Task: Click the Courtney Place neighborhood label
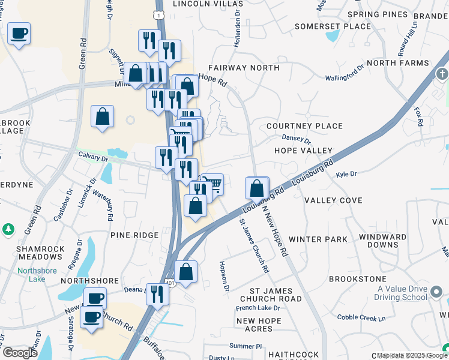[x=304, y=126]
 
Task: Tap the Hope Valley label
[x=303, y=151]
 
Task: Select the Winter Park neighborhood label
[x=318, y=239]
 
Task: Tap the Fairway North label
[x=244, y=68]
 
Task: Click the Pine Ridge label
[x=134, y=236]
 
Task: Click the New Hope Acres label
[x=258, y=325]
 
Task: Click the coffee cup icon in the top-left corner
[x=19, y=33]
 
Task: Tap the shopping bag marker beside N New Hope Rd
[x=257, y=188]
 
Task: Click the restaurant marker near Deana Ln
[x=157, y=294]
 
